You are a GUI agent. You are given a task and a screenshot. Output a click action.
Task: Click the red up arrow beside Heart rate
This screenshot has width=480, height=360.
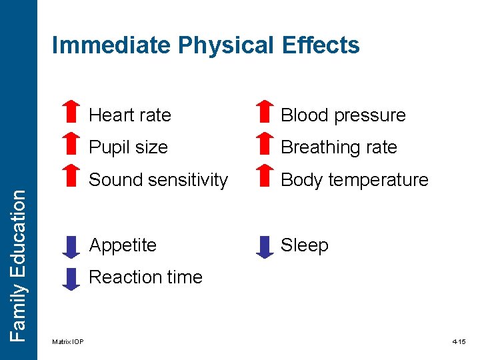70,113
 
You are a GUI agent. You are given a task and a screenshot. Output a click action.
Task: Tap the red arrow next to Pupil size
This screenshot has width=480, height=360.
70,145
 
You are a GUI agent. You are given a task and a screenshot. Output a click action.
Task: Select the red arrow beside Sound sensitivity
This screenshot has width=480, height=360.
70,177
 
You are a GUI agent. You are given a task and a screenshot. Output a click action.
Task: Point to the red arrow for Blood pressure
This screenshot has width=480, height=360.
265,113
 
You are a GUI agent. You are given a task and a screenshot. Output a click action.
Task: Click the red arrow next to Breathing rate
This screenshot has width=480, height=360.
265,145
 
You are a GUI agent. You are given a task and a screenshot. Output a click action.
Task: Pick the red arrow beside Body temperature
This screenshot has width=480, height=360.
265,177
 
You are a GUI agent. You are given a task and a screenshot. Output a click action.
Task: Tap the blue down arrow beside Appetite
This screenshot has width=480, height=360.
70,247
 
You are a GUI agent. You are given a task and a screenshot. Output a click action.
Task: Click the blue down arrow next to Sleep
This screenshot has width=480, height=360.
265,247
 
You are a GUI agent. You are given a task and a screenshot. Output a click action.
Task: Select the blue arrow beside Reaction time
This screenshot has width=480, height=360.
70,279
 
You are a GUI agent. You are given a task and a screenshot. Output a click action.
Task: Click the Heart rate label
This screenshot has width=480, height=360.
130,115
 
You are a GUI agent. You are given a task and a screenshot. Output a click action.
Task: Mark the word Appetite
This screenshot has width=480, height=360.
123,245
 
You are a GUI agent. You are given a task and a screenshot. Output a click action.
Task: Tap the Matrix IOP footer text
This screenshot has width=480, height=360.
68,342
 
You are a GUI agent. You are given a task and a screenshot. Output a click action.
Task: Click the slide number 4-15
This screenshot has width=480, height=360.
459,342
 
